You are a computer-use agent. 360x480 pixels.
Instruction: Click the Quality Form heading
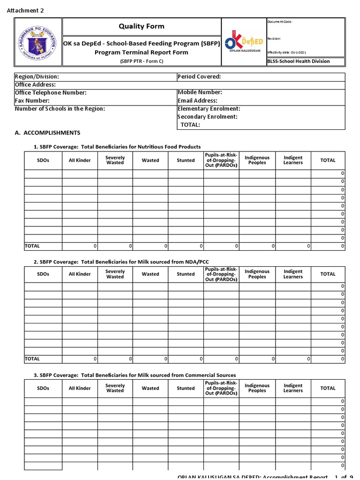point(141,26)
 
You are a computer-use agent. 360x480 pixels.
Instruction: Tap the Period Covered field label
point(199,76)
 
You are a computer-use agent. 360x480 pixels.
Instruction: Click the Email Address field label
point(197,101)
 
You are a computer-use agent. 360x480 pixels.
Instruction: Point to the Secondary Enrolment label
point(207,117)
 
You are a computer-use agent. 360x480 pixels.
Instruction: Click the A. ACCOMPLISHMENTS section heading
point(47,133)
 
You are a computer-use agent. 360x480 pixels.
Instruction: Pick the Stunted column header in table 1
point(186,160)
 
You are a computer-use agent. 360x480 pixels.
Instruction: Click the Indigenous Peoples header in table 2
point(257,274)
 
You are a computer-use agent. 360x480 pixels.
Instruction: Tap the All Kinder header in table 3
point(80,388)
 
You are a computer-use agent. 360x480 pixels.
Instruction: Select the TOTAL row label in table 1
point(32,246)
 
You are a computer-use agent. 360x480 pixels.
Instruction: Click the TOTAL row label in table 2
point(32,359)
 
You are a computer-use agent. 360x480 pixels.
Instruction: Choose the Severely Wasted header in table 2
point(115,274)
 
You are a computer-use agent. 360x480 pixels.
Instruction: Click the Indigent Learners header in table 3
point(293,388)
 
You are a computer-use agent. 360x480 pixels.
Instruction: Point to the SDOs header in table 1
point(43,160)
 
